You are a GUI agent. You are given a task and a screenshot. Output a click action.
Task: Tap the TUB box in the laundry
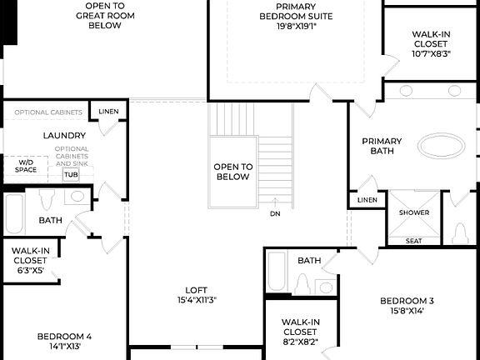(71, 175)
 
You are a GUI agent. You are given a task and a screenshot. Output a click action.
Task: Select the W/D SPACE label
(26, 166)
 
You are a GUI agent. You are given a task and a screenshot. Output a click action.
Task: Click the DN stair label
(275, 214)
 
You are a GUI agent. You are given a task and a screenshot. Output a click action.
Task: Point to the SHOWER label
(414, 212)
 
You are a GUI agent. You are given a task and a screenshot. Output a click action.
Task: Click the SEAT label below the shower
(413, 241)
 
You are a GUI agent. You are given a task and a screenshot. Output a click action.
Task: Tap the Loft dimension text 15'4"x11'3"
(197, 299)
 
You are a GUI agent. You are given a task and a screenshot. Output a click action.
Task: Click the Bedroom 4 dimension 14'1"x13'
(64, 346)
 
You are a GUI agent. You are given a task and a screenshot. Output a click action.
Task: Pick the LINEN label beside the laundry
(108, 112)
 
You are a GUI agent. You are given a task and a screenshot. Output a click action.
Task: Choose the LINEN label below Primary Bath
(367, 200)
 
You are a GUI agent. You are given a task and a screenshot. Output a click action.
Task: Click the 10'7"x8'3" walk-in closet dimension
(431, 53)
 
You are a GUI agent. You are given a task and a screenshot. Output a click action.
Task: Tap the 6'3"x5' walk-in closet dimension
(30, 271)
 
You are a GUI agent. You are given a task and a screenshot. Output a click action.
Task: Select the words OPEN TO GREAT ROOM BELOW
(105, 15)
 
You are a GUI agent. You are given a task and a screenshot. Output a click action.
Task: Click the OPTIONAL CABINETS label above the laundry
(48, 112)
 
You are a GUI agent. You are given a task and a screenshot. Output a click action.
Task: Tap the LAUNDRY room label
(64, 135)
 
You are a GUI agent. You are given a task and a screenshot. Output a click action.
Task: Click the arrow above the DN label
(275, 202)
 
